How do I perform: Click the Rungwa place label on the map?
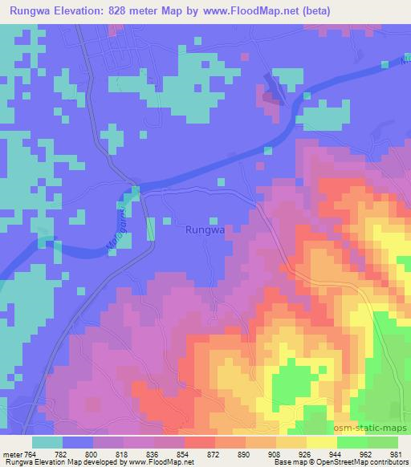click(x=204, y=230)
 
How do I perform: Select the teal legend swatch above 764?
click(x=47, y=442)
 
